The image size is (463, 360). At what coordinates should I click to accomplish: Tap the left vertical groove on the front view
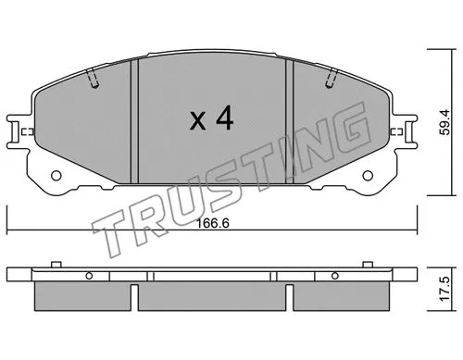pyautogui.click(x=135, y=120)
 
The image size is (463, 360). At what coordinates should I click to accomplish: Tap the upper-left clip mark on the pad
pyautogui.click(x=93, y=81)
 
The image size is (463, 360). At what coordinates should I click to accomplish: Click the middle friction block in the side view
pyautogui.click(x=212, y=296)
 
